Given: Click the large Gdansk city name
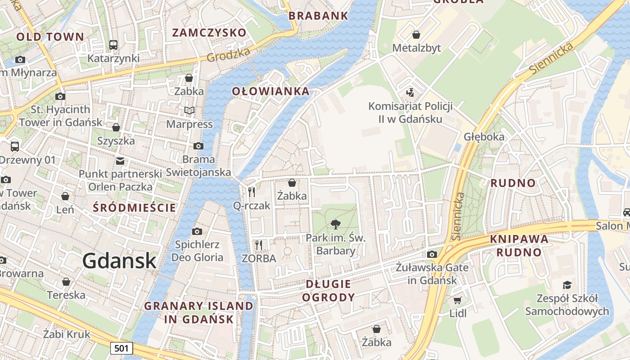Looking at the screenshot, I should click(x=119, y=261).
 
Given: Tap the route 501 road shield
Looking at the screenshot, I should click(x=121, y=348).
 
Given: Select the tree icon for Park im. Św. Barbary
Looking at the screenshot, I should click(x=335, y=224).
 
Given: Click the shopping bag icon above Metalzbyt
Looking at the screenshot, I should click(x=416, y=35).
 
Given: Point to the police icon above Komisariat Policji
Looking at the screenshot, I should click(x=409, y=93).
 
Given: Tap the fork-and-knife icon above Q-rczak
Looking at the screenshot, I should click(x=252, y=192).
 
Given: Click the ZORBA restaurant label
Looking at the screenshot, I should click(x=259, y=258).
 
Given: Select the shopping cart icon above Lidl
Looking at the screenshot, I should click(x=458, y=300).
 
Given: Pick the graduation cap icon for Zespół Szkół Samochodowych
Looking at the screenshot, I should click(x=567, y=285).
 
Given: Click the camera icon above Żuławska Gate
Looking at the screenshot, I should click(x=432, y=254).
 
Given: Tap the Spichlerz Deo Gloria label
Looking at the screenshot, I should click(x=197, y=251).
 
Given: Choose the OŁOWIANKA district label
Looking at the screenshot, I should click(x=271, y=91).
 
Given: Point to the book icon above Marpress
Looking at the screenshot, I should click(x=189, y=110).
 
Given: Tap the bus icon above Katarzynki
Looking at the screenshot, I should click(x=113, y=45).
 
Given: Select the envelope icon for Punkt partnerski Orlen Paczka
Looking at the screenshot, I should click(x=120, y=161).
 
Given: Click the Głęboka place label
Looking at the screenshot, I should click(x=484, y=137).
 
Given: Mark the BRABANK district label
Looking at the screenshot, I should click(x=318, y=16).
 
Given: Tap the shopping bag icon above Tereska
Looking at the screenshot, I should click(x=66, y=282).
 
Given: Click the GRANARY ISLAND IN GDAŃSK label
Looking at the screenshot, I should click(x=198, y=312).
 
